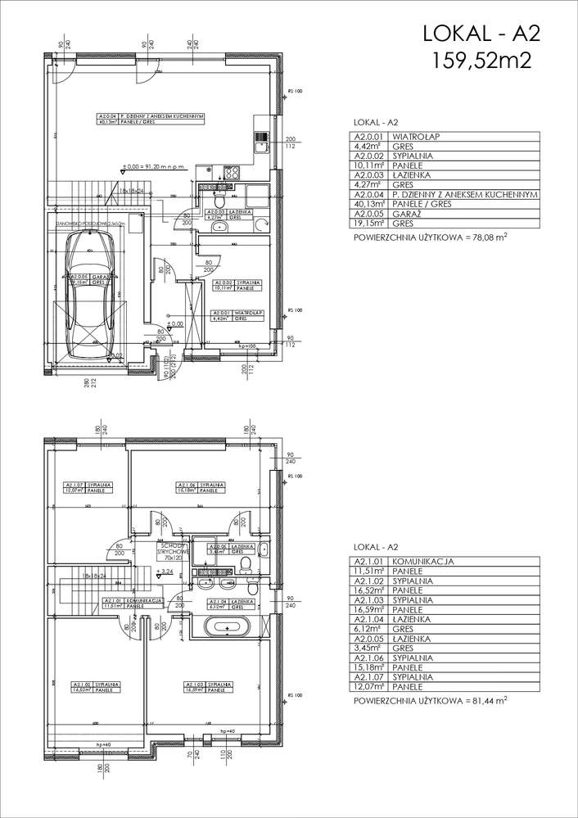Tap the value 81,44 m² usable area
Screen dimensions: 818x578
[484, 702]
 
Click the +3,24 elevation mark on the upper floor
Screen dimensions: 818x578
[167, 571]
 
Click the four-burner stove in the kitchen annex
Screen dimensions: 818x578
[231, 173]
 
